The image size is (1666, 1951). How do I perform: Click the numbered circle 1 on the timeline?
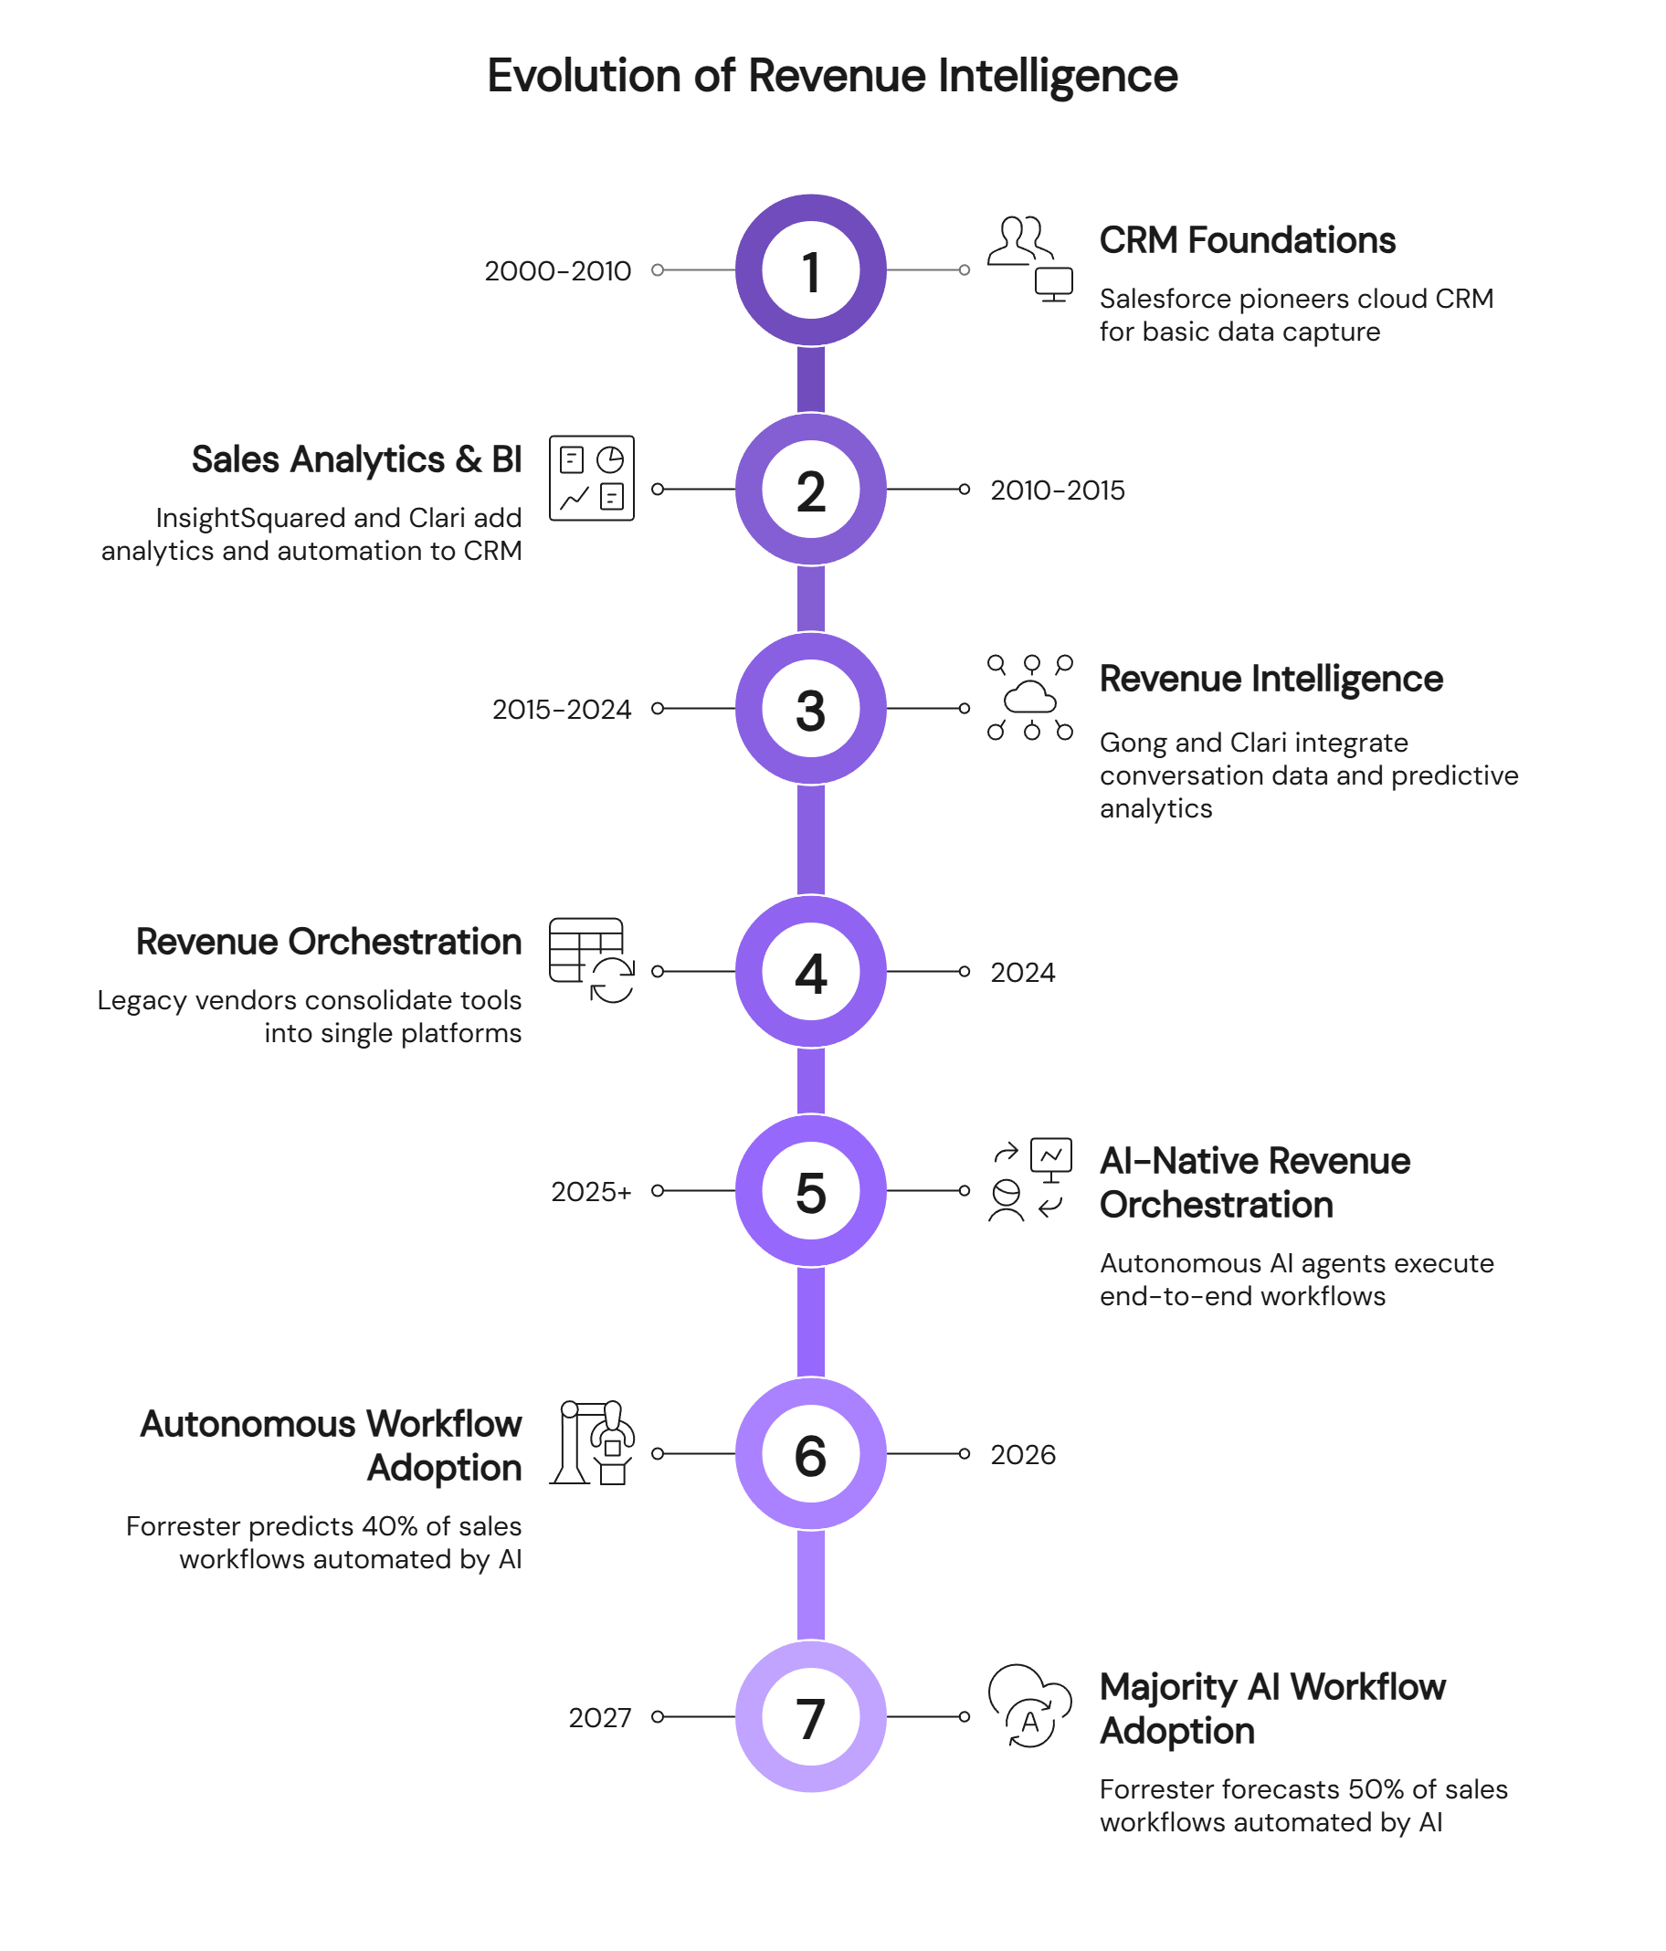(x=810, y=270)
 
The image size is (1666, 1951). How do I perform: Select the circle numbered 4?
(x=810, y=971)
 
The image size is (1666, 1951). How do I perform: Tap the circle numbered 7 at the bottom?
(x=810, y=1716)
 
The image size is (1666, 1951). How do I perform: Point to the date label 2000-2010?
(x=557, y=271)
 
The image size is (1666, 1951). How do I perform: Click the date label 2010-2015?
(x=1057, y=490)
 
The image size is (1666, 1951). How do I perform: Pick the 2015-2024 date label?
(x=562, y=709)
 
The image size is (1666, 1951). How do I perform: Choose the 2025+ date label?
(x=590, y=1192)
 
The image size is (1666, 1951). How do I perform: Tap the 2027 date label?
(x=599, y=1718)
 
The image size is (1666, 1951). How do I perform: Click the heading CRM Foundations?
(x=1247, y=241)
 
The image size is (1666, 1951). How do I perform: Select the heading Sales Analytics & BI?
(x=356, y=459)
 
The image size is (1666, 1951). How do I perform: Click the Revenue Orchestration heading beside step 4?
(x=328, y=942)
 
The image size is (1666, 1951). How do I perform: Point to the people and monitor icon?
(x=1030, y=258)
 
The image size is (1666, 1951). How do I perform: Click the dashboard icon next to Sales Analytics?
(x=592, y=478)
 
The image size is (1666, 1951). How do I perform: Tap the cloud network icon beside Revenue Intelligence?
(x=1030, y=697)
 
